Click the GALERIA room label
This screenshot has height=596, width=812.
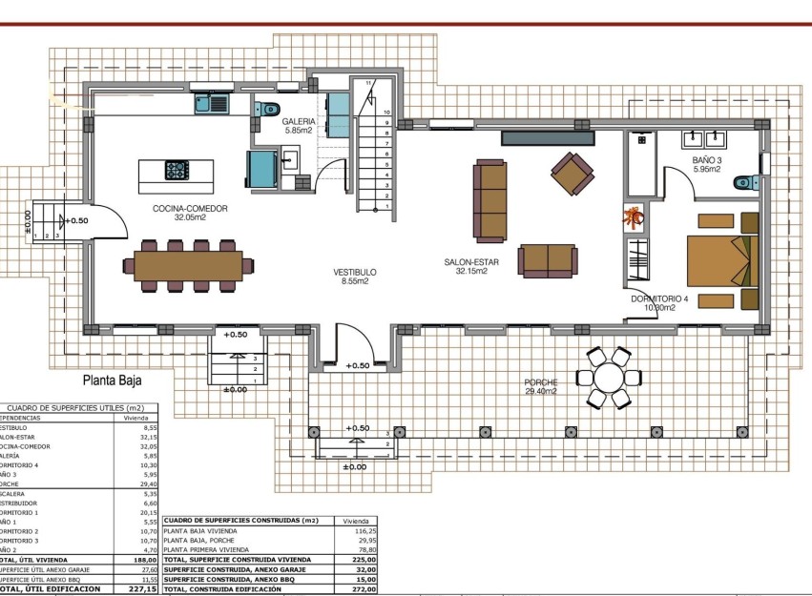pos(299,122)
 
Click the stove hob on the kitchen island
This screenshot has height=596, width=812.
pos(177,171)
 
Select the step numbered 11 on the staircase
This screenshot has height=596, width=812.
pos(369,83)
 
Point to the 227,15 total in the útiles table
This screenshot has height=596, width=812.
pos(143,589)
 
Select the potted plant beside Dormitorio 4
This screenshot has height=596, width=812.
pos(634,217)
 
